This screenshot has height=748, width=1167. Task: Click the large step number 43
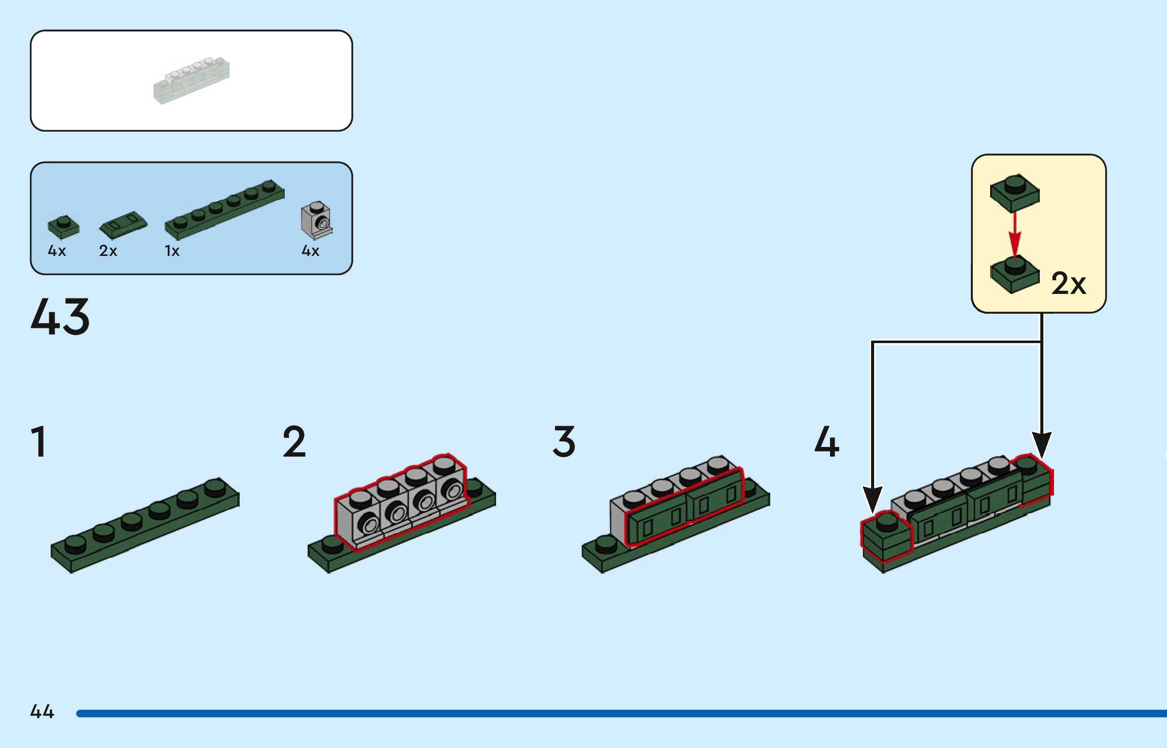coord(60,317)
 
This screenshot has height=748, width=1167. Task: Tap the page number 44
coord(42,712)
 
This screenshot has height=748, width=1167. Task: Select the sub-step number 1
coord(39,442)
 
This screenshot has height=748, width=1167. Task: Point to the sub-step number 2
coord(294,442)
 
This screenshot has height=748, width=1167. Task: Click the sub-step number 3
coord(564,442)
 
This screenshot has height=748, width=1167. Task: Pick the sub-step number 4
coord(826,442)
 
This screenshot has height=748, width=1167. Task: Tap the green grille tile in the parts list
coord(123,225)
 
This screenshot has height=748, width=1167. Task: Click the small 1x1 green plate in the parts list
coord(63,227)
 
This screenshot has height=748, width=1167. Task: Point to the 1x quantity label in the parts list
coord(172,251)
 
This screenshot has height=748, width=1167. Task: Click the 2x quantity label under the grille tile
coord(108,251)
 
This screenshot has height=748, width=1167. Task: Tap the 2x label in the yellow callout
coord(1068,283)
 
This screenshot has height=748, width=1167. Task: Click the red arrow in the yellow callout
coord(1014,235)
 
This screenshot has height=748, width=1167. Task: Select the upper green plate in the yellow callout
coord(1014,193)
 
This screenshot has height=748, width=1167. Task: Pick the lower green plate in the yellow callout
coord(1014,275)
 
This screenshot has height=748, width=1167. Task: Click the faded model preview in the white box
coord(192,81)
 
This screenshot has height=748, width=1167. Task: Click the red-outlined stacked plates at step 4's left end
coord(886,537)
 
